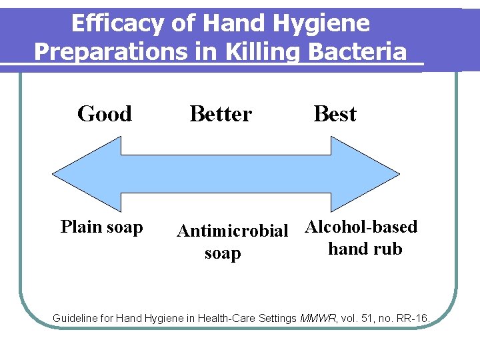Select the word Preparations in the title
tap(111, 52)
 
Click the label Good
tap(105, 114)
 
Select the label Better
tap(221, 114)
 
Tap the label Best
tap(335, 114)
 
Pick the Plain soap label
tap(101, 227)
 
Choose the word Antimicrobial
tap(232, 231)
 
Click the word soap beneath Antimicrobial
tap(223, 254)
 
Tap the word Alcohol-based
tap(361, 227)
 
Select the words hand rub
tap(365, 249)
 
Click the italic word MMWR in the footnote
tap(319, 319)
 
